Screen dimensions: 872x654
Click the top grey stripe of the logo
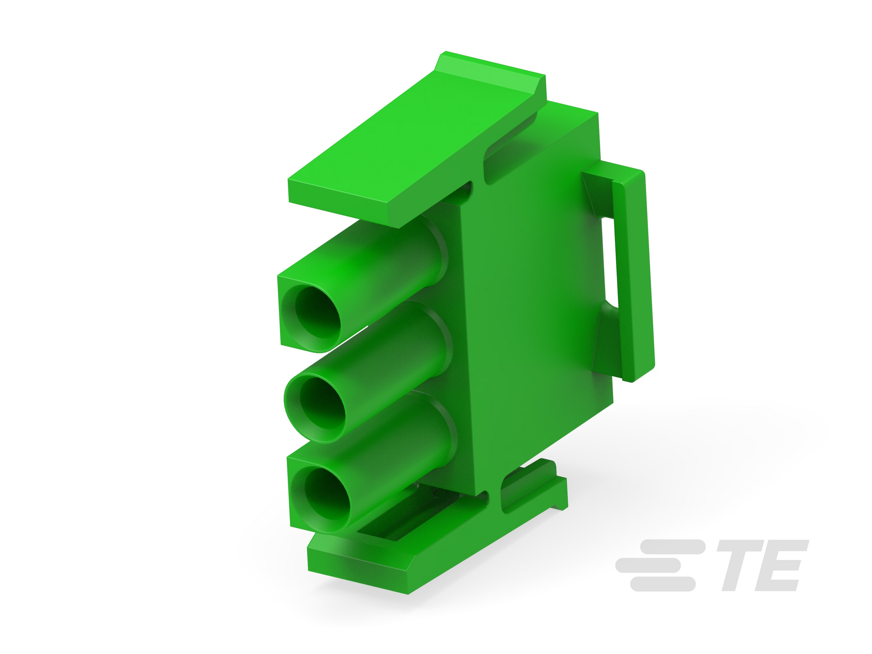tap(673, 547)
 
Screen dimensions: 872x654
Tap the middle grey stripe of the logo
tap(648, 565)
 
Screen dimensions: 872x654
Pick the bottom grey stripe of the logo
tap(663, 584)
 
